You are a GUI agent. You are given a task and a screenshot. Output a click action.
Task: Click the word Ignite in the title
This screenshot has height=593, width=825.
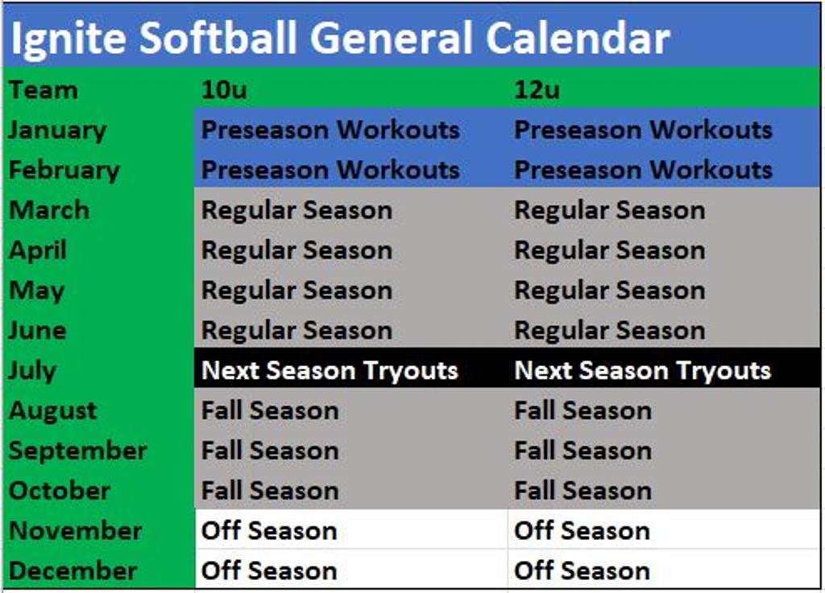pyautogui.click(x=68, y=39)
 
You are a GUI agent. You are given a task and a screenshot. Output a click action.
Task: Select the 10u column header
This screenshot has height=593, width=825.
pyautogui.click(x=224, y=89)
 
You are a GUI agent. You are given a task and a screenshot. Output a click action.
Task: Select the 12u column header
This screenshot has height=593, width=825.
pyautogui.click(x=537, y=89)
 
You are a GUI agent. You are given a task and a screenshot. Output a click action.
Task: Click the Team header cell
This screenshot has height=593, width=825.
pyautogui.click(x=44, y=89)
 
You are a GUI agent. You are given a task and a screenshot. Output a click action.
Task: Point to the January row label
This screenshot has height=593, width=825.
pyautogui.click(x=57, y=130)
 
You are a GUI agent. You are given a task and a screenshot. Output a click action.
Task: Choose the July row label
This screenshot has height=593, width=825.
pyautogui.click(x=33, y=370)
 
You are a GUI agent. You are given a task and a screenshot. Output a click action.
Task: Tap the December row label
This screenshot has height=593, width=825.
pyautogui.click(x=73, y=571)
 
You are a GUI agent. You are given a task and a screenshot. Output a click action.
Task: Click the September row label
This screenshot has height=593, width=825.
pyautogui.click(x=77, y=451)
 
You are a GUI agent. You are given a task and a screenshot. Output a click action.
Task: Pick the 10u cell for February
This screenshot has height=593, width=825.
pyautogui.click(x=330, y=170)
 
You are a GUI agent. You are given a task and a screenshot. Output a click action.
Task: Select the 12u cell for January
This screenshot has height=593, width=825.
pyautogui.click(x=643, y=130)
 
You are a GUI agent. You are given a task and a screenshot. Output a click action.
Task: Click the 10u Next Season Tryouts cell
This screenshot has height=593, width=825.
pyautogui.click(x=330, y=370)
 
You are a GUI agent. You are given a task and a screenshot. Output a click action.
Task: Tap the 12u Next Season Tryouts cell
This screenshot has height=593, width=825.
pyautogui.click(x=642, y=370)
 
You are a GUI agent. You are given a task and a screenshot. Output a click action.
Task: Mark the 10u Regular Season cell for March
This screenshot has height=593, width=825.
pyautogui.click(x=296, y=210)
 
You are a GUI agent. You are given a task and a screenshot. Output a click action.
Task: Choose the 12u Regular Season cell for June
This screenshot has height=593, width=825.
pyautogui.click(x=609, y=330)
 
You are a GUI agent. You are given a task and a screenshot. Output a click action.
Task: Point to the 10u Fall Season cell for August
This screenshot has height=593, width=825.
pyautogui.click(x=270, y=410)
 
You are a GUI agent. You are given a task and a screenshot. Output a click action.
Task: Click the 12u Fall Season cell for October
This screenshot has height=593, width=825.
pyautogui.click(x=582, y=491)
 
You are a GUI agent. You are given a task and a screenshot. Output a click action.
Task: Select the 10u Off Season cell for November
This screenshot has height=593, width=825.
pyautogui.click(x=268, y=531)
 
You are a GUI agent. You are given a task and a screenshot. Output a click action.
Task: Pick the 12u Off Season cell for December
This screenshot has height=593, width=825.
pyautogui.click(x=582, y=571)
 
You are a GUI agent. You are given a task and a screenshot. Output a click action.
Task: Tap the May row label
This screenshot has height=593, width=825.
pyautogui.click(x=36, y=290)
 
